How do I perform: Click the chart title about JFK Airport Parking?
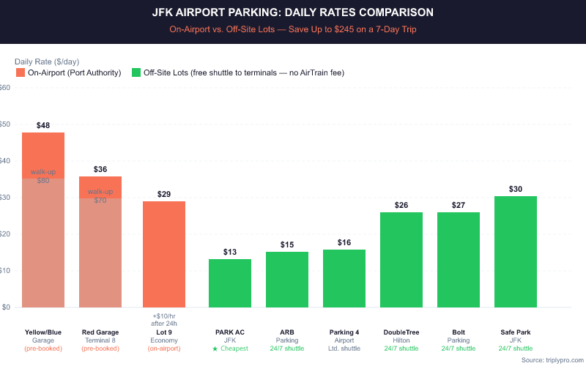click(293, 12)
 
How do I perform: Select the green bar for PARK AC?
click(230, 283)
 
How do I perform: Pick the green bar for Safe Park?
click(516, 252)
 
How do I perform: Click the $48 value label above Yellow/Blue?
click(43, 125)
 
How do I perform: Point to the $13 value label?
click(230, 252)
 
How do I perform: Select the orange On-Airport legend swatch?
click(20, 73)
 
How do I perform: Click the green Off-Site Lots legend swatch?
click(136, 73)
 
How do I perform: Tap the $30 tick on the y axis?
click(4, 198)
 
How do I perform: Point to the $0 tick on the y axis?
click(6, 307)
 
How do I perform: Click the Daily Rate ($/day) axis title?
click(48, 61)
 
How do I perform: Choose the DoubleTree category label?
click(401, 332)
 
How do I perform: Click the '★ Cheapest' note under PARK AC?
click(230, 348)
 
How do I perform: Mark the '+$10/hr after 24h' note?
click(164, 319)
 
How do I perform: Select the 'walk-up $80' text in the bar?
click(43, 176)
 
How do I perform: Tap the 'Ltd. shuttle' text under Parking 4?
click(344, 348)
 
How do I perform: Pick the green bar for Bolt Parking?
click(459, 260)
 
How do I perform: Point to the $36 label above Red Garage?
click(100, 169)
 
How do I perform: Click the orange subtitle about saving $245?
click(293, 30)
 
